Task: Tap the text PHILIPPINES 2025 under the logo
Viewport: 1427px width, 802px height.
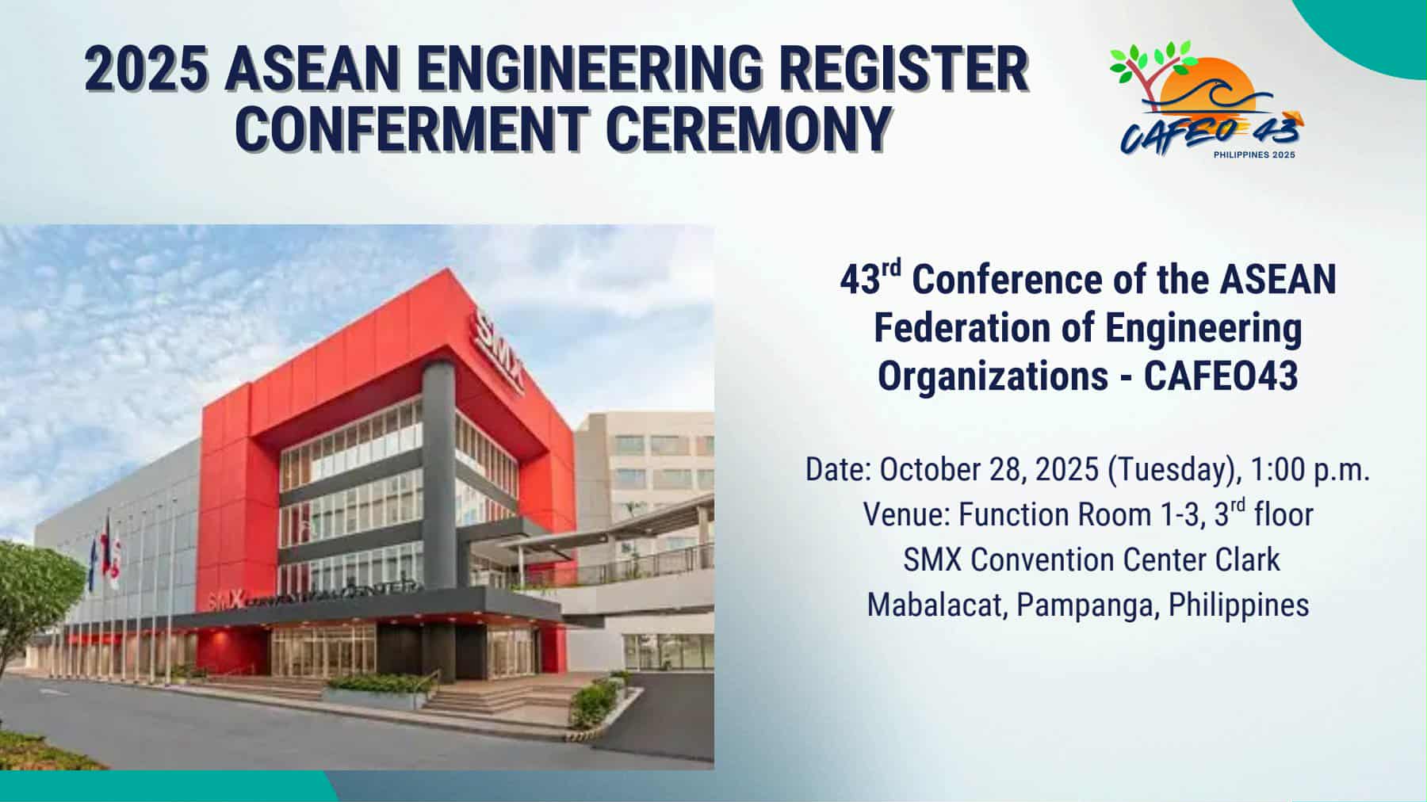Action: point(1254,155)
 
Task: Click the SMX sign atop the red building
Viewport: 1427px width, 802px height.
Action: point(499,351)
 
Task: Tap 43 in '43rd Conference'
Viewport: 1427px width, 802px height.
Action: point(858,281)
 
